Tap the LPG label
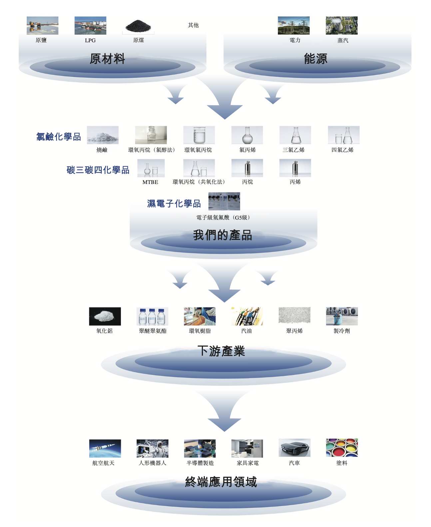coord(90,40)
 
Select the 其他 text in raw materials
coord(193,25)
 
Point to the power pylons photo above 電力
coord(293,26)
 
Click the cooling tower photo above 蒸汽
coord(341,26)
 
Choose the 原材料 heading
coord(107,59)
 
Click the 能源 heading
coord(315,59)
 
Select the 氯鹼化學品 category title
coord(59,137)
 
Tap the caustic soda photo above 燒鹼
coord(103,135)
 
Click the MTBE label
coord(150,182)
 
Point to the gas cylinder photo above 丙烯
coord(295,168)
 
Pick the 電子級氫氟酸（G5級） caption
coord(223,218)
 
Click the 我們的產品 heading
coord(222,235)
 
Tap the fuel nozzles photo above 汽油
coord(247,316)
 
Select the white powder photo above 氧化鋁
coord(105,316)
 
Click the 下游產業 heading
coord(221,351)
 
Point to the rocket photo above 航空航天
coord(105,448)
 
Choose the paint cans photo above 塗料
coord(342,447)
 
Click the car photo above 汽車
coord(294,448)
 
